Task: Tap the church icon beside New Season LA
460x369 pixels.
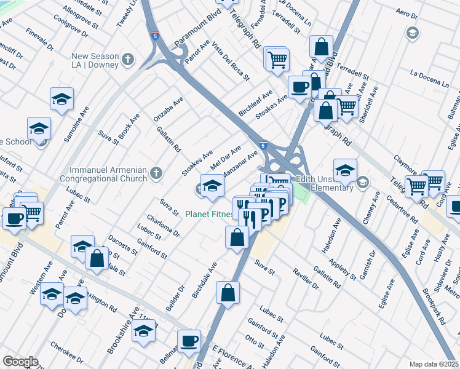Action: (127, 60)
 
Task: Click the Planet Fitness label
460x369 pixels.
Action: (209, 215)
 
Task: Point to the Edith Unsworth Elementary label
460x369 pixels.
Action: (323, 184)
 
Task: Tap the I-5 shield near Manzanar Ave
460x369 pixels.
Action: (263, 145)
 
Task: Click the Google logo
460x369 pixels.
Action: (20, 362)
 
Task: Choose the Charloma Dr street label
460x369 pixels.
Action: (163, 224)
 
